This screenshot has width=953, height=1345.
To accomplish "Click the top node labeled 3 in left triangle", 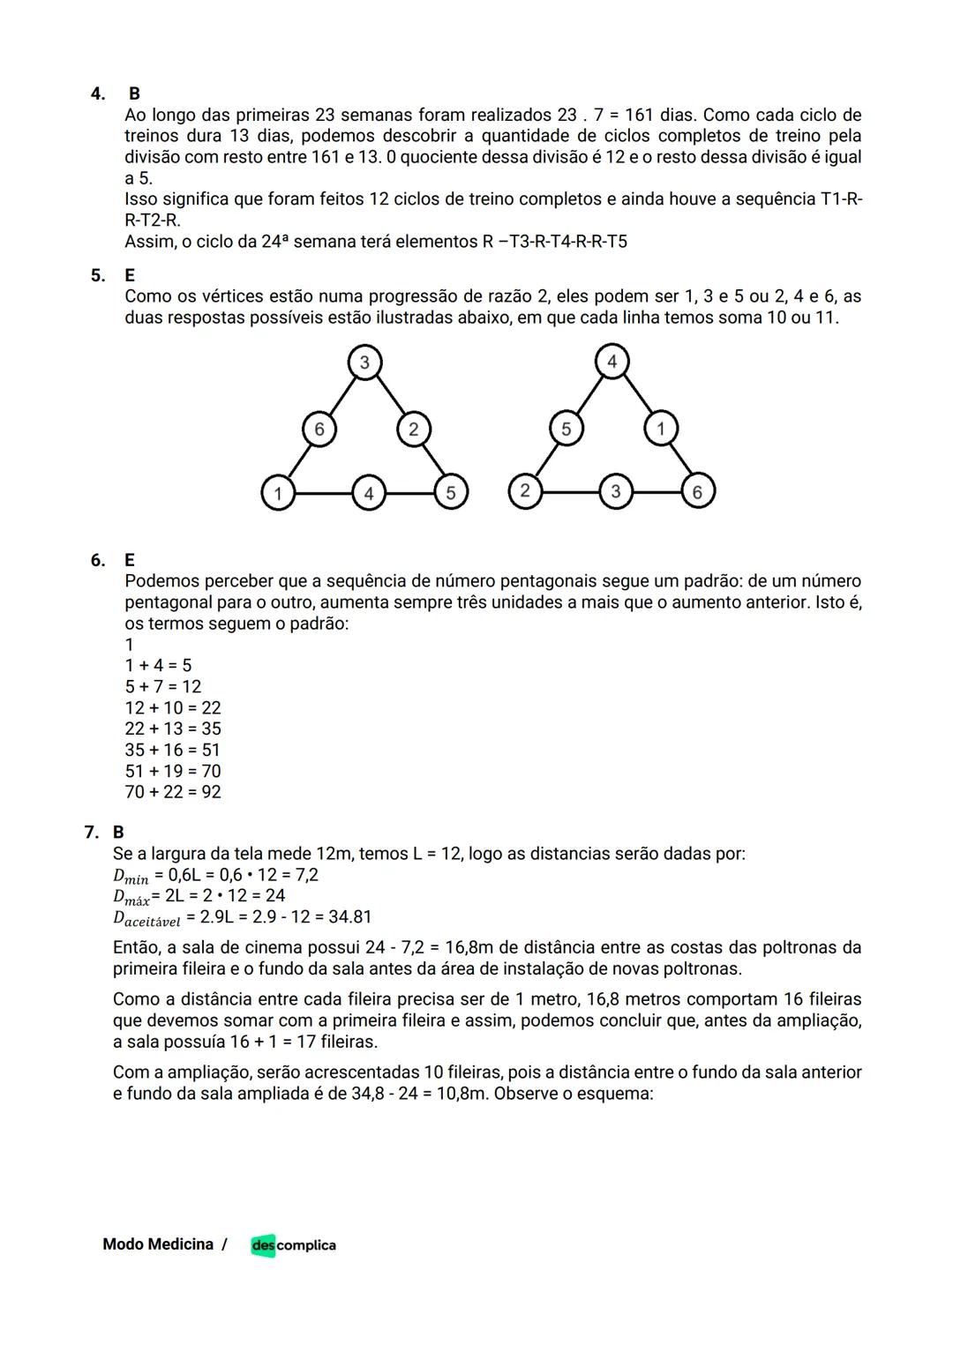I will coord(364,362).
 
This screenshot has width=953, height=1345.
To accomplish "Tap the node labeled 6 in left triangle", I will coord(319,429).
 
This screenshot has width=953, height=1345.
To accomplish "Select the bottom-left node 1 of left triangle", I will coord(278,492).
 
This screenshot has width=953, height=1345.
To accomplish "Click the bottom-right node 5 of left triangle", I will coord(450,492).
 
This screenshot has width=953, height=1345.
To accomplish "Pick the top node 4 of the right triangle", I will coord(612,361).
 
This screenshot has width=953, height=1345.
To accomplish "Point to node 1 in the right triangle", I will coord(660,429).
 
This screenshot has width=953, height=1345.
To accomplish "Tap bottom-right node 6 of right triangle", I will coord(697,491).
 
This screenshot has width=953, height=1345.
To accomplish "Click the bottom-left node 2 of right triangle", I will coord(525,490).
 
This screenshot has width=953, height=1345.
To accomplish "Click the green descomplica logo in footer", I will coord(293,1244).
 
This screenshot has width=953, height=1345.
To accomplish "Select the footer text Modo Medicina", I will coord(158,1244).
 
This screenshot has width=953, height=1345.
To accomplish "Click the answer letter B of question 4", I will coord(134,93).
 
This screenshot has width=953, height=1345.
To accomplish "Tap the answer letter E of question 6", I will coord(130,560).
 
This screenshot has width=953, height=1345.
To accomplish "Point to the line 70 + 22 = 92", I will coord(173,792).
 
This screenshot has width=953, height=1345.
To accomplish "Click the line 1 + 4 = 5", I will coord(158,665).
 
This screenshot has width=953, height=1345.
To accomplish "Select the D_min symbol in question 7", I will coord(131,877).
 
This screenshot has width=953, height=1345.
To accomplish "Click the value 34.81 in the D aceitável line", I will coord(349,917).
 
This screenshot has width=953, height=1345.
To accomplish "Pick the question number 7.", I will coord(90,832).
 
